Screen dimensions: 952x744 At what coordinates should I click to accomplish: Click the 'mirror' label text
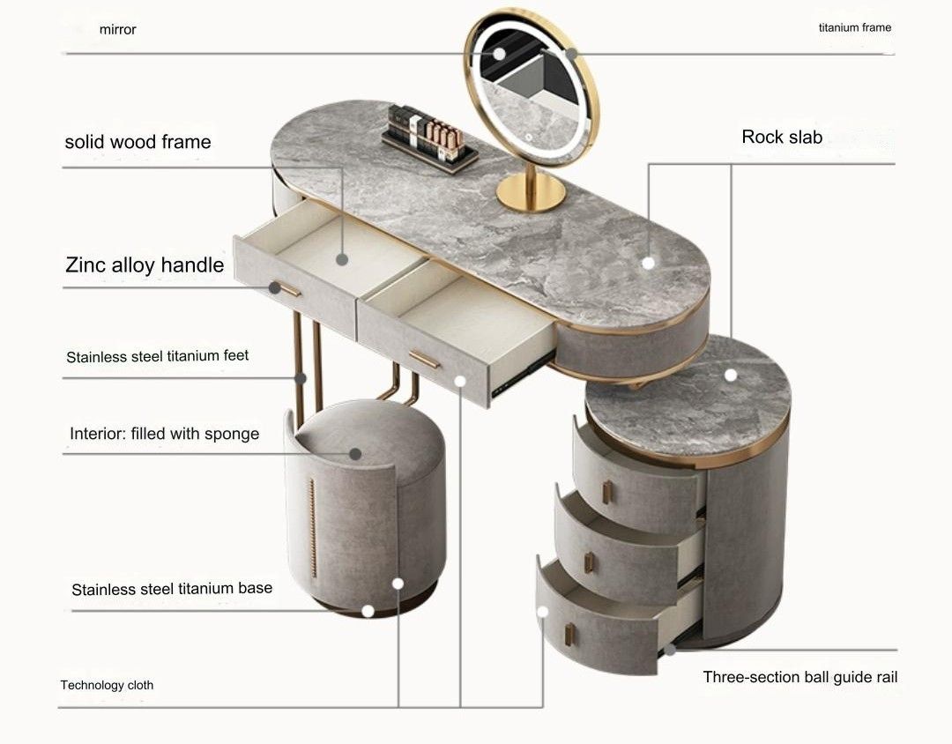pos(118,29)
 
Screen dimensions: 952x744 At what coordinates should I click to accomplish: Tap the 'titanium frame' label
pos(855,27)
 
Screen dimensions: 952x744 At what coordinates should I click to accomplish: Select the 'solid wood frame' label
pos(138,142)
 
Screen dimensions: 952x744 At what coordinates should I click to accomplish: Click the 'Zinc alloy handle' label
pos(145,264)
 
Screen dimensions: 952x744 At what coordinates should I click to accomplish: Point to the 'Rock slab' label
pos(782,137)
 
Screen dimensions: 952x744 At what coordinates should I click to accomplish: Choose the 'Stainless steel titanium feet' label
pos(157,356)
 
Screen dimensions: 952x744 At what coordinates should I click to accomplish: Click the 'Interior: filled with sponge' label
pos(165,433)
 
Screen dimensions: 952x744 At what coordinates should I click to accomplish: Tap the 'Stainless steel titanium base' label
pos(172,589)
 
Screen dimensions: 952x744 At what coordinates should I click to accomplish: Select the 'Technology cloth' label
pos(107,685)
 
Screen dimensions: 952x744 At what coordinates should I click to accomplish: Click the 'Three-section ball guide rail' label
pos(800,677)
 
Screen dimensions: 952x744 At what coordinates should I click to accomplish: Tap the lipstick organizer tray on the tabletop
pos(429,138)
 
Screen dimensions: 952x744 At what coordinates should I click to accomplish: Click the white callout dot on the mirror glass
pos(499,54)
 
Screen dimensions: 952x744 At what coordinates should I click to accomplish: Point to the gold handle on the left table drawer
pos(285,288)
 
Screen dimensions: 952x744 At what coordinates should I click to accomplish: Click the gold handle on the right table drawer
pos(424,359)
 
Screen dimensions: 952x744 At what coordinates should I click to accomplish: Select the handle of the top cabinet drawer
pos(607,492)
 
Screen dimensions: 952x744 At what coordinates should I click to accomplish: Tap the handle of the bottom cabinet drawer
pos(569,635)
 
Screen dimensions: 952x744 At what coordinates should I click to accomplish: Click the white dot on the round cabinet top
pos(731,376)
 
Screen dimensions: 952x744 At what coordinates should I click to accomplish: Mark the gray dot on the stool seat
pos(356,454)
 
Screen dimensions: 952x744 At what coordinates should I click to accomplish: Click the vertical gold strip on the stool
pos(313,527)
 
